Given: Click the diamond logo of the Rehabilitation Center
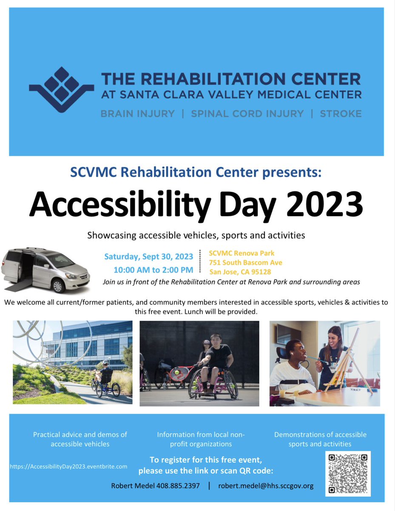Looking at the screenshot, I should tap(61, 89).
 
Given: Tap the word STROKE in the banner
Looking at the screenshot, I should tap(341, 114).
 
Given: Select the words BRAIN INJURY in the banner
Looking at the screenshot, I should tap(137, 114).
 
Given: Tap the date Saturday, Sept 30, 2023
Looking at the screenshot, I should tap(148, 257).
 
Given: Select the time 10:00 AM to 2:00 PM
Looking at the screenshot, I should tap(153, 270).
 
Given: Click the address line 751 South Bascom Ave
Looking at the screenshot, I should tap(245, 262).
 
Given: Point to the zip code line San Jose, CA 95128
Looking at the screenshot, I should tap(240, 272).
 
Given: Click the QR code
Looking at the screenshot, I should tap(348, 474).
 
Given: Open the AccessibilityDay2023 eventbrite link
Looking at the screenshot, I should tap(68, 466).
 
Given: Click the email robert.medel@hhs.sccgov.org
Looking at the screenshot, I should tap(266, 485).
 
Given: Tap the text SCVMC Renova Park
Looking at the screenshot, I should tap(242, 253).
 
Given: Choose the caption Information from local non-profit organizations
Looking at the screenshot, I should tap(201, 439).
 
